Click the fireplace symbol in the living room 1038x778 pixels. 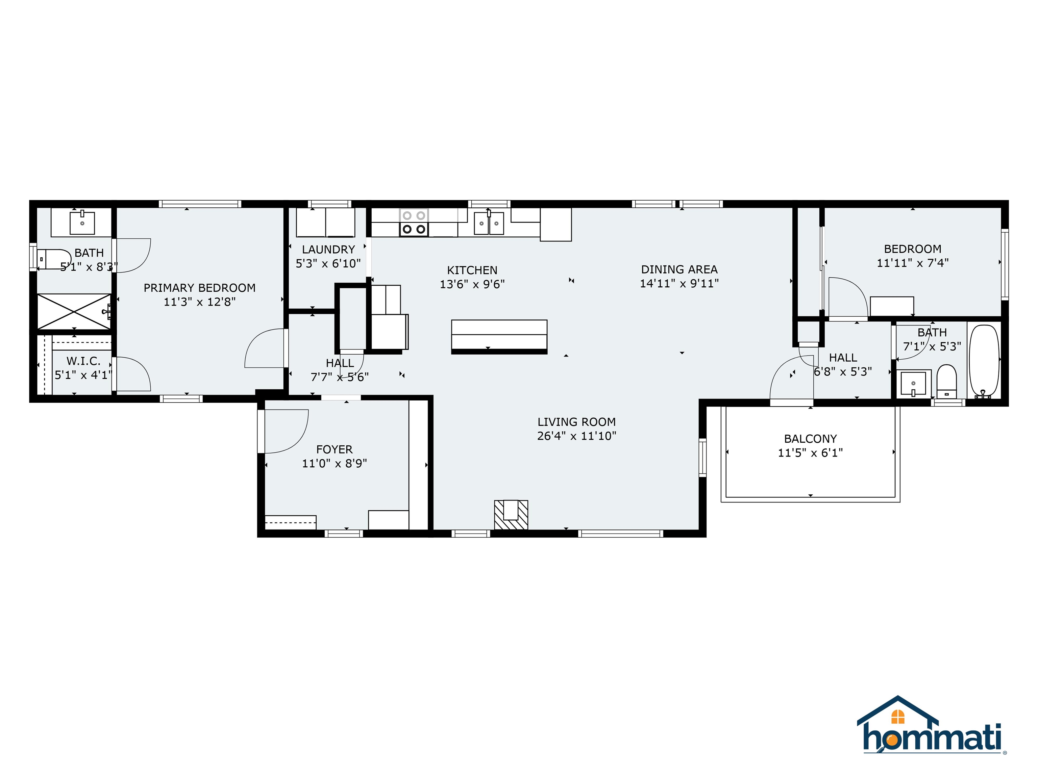coord(511,515)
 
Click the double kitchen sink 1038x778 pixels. coord(489,223)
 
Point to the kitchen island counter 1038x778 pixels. coord(499,335)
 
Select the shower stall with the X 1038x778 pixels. coord(74,311)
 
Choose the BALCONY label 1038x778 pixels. coord(810,439)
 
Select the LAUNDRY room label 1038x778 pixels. coord(328,250)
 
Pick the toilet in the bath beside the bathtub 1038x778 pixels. coord(946,381)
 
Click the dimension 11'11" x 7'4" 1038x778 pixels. coord(912,263)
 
